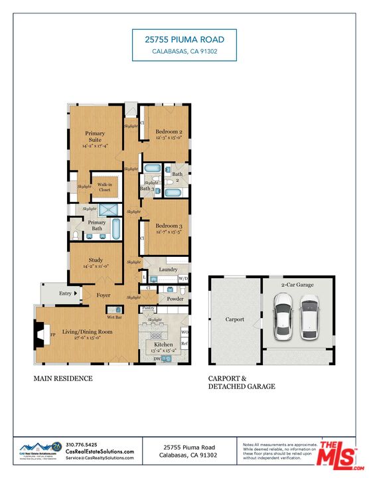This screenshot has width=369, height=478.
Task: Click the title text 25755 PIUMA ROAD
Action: pyautogui.click(x=184, y=40)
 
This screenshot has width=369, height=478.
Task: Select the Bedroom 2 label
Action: pyautogui.click(x=169, y=132)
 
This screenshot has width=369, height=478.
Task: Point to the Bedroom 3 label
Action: pyautogui.click(x=169, y=226)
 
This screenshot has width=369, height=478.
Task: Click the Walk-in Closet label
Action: pyautogui.click(x=104, y=187)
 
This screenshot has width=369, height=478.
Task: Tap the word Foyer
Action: pyautogui.click(x=104, y=295)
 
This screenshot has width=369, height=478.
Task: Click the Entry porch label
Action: pyautogui.click(x=65, y=293)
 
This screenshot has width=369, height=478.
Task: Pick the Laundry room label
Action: pyautogui.click(x=168, y=270)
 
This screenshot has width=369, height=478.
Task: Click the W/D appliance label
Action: pyautogui.click(x=183, y=278)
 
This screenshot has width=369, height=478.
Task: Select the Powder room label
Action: pyautogui.click(x=175, y=299)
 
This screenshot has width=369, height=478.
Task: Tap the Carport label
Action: pyautogui.click(x=234, y=319)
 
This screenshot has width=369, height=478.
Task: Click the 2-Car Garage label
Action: pyautogui.click(x=297, y=284)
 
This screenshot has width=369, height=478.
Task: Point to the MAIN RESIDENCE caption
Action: pyautogui.click(x=63, y=378)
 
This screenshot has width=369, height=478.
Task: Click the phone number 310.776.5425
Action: pyautogui.click(x=82, y=445)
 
